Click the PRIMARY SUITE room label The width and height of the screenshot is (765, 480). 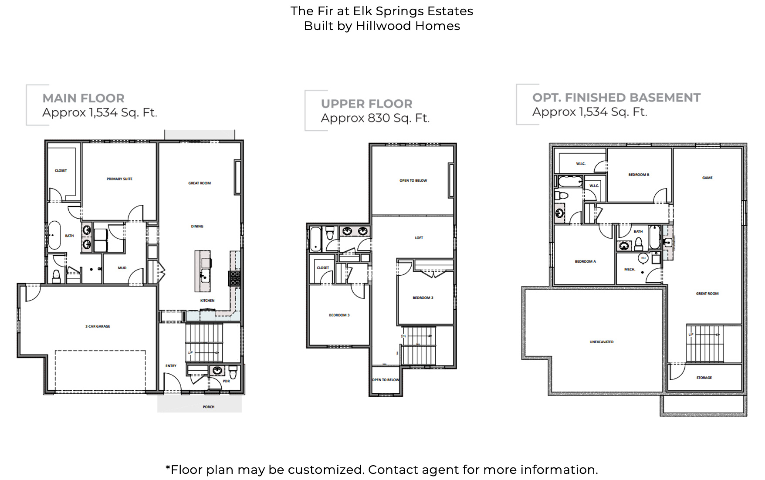119,179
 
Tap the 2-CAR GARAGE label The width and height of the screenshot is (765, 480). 98,326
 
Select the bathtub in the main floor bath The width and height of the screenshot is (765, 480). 54,235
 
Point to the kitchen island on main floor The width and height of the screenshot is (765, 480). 203,271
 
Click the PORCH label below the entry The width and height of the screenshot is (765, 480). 208,407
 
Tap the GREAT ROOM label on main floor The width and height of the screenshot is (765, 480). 200,183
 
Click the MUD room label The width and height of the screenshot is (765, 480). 122,268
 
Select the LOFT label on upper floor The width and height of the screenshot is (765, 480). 419,238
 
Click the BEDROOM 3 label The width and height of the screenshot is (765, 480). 339,315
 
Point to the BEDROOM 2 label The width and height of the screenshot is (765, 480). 423,298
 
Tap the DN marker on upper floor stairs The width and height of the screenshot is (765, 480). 403,336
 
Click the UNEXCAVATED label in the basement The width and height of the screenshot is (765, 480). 601,342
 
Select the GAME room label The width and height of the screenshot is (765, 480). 707,178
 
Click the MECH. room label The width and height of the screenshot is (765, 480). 630,270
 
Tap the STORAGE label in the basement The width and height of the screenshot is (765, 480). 704,378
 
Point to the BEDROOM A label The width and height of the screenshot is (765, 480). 585,261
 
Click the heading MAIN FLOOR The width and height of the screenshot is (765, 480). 84,98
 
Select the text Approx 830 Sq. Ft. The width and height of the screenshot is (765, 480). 375,118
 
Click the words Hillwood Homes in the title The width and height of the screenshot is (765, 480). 407,26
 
